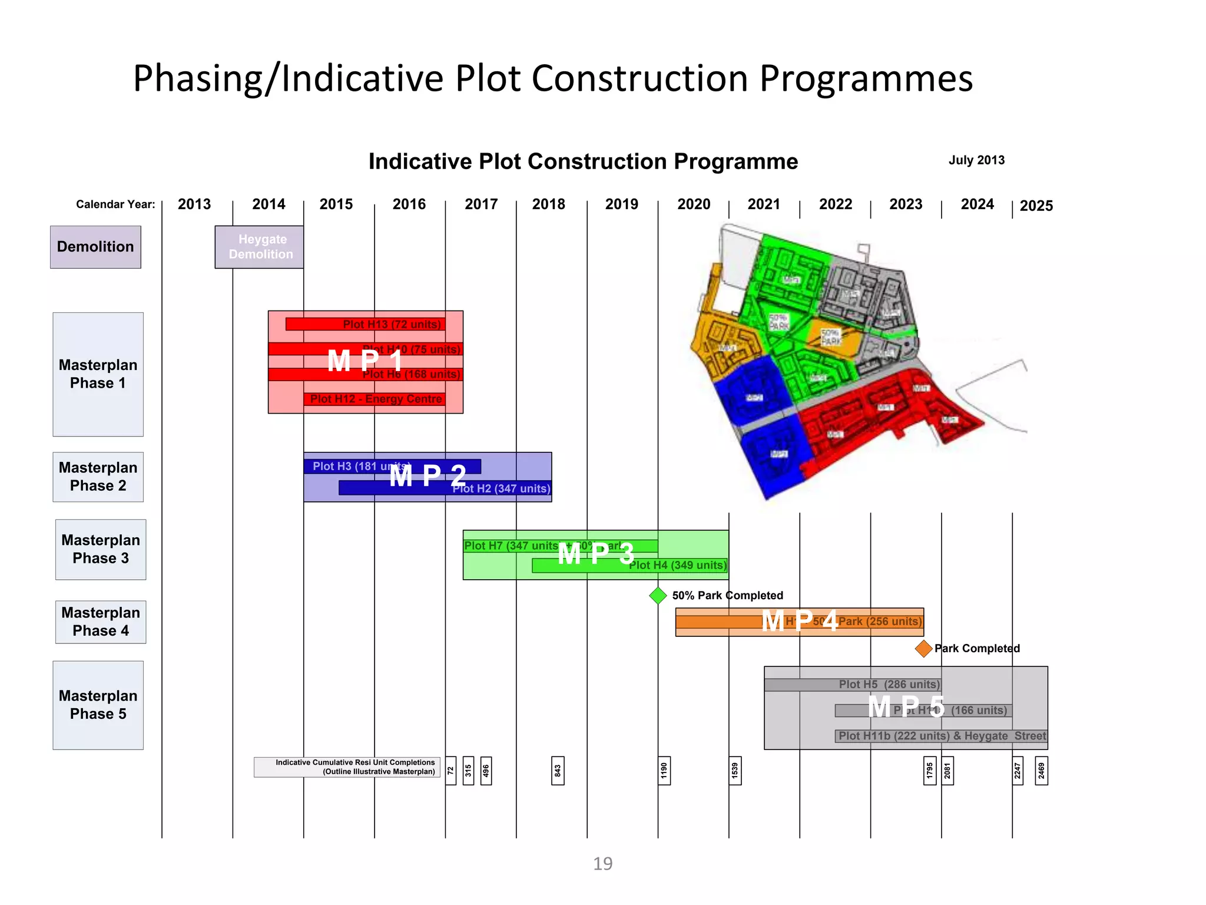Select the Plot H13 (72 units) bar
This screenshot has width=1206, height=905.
365,324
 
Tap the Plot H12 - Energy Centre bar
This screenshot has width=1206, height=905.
375,399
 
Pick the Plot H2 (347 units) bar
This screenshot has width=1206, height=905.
445,488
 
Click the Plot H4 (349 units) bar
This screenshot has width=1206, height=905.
630,566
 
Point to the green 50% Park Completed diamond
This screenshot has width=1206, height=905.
658,596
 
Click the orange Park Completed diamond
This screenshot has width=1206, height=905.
923,649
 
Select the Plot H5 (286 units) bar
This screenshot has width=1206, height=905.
852,685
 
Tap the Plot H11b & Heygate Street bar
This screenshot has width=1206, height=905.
941,736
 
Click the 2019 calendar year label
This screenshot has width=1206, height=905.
621,204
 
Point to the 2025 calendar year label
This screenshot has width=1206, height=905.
1036,206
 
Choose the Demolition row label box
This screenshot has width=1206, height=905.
95,247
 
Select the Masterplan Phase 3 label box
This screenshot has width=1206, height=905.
101,549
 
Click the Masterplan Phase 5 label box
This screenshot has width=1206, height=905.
98,705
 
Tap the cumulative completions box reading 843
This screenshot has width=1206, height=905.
558,771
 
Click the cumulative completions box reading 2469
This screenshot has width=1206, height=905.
1041,771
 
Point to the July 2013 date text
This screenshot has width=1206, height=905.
976,160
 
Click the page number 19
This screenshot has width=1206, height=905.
602,864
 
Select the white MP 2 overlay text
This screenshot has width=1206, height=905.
428,475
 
